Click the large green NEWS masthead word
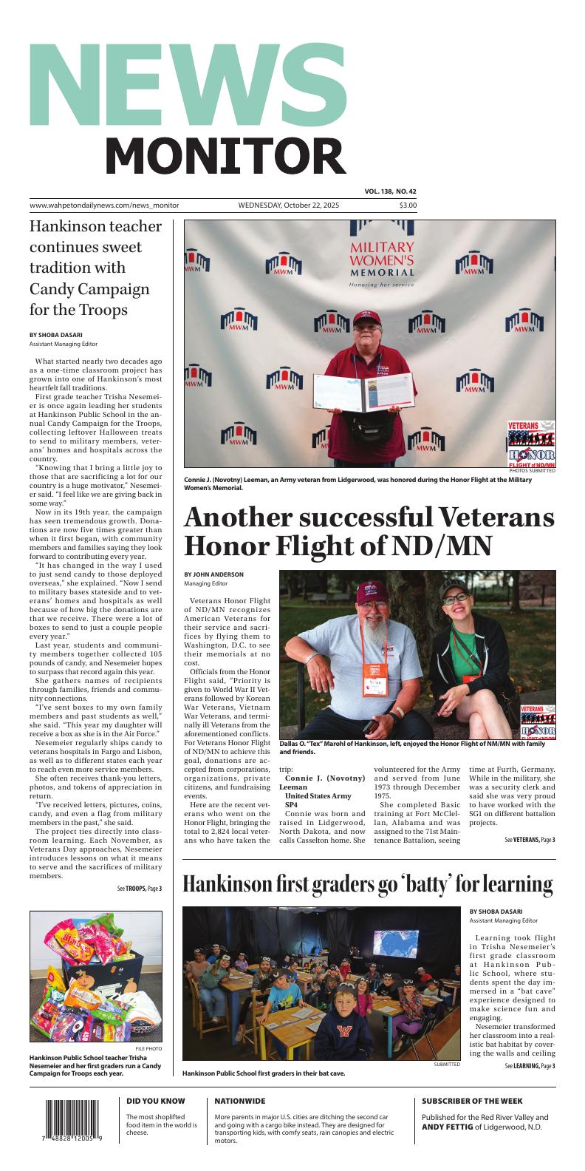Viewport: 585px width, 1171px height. (188, 85)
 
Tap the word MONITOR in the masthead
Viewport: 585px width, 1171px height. (225, 157)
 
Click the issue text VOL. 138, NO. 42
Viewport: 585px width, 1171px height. (390, 191)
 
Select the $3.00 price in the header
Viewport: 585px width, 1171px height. (408, 206)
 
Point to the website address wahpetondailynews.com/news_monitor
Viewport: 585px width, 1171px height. (104, 206)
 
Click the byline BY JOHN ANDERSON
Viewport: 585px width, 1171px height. (213, 574)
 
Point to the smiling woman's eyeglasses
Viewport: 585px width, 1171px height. (455, 598)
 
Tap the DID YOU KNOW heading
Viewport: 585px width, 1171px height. (155, 1101)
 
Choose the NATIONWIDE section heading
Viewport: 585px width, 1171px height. (240, 1101)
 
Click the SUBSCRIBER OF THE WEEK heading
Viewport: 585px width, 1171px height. (472, 1101)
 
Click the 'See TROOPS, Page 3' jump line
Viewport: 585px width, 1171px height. (139, 888)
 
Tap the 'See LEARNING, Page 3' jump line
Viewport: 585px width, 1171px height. (530, 1066)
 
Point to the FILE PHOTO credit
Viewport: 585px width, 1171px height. (148, 1049)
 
